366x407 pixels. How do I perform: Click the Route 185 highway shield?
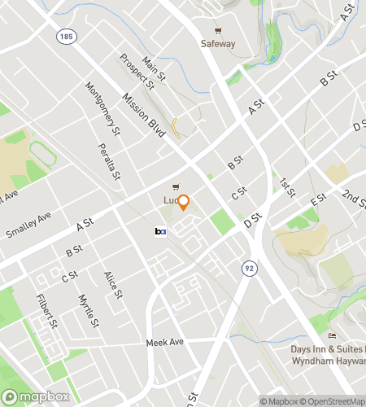coord(64,37)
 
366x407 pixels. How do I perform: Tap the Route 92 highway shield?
coord(245,267)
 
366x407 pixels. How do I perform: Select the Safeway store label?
coord(218,44)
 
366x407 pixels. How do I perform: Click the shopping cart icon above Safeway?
coord(218,30)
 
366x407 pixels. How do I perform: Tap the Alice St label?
coord(111,285)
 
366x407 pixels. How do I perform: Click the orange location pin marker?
coord(184,203)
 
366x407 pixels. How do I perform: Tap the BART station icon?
coord(160,232)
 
